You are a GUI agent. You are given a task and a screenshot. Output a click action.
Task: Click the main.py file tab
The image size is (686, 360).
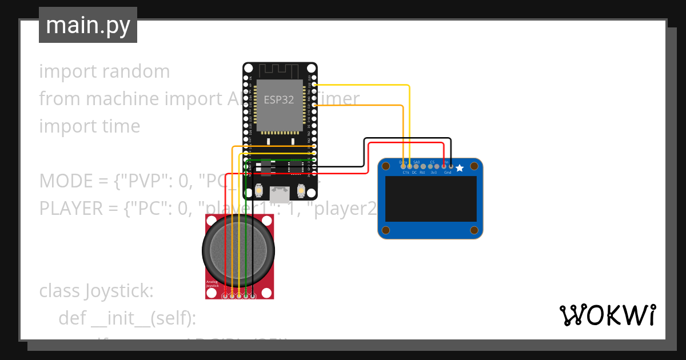tap(88, 25)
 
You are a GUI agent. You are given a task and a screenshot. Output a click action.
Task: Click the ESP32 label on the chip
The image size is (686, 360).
tap(279, 99)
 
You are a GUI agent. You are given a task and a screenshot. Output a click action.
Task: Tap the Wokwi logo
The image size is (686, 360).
tap(607, 315)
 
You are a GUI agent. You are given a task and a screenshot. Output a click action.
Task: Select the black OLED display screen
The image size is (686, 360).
tap(431, 199)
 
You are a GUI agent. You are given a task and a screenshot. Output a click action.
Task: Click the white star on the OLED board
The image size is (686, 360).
tap(459, 168)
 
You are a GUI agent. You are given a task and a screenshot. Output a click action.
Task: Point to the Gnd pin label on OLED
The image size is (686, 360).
tap(448, 172)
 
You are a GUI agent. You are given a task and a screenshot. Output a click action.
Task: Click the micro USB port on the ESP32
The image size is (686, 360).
tap(280, 195)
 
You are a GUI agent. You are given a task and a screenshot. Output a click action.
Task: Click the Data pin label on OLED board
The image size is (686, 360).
tap(402, 162)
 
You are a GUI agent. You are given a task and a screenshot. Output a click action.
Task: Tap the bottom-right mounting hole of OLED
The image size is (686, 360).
tap(473, 230)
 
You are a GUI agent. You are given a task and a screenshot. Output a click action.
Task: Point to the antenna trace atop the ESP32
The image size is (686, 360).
tap(279, 71)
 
